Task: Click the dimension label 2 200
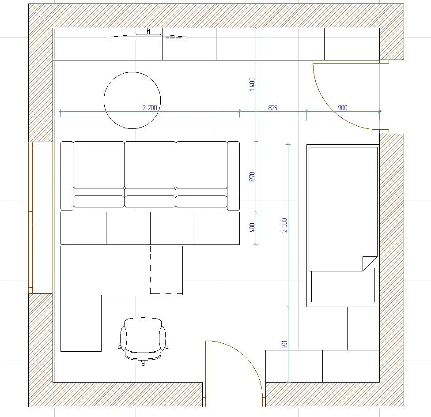tap(150, 108)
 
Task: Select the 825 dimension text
tap(272, 108)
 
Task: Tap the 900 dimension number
tap(343, 108)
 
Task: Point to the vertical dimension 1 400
tap(252, 84)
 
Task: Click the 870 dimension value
tap(252, 177)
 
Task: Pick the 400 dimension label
tap(252, 228)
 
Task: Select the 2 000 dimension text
tap(284, 225)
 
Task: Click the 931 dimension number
tap(284, 345)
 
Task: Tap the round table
tap(132, 100)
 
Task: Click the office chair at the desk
tap(143, 341)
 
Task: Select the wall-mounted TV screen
tap(148, 37)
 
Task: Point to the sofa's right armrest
tap(233, 176)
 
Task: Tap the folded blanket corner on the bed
tap(369, 263)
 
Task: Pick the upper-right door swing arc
tap(333, 109)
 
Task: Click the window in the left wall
tap(31, 218)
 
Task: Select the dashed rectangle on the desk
tap(166, 270)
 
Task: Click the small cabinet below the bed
tap(363, 328)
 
